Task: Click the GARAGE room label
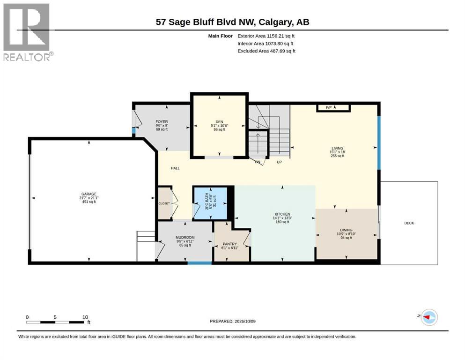[x=89, y=194]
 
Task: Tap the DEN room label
[x=220, y=122]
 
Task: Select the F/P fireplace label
[x=329, y=107]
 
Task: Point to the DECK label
[x=409, y=223]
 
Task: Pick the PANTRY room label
[x=229, y=244]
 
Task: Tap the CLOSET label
[x=164, y=203]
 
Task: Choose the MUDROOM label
[x=185, y=238]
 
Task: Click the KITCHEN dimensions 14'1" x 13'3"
[x=282, y=218]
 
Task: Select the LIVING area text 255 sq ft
[x=338, y=156]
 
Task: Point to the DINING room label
[x=346, y=230]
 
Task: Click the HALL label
[x=175, y=168]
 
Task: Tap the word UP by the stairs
[x=279, y=162]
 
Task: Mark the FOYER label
[x=162, y=122]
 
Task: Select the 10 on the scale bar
[x=85, y=317]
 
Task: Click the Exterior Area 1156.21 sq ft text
[x=266, y=36]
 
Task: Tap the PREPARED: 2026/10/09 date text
[x=232, y=321]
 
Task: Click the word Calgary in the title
[x=274, y=22]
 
